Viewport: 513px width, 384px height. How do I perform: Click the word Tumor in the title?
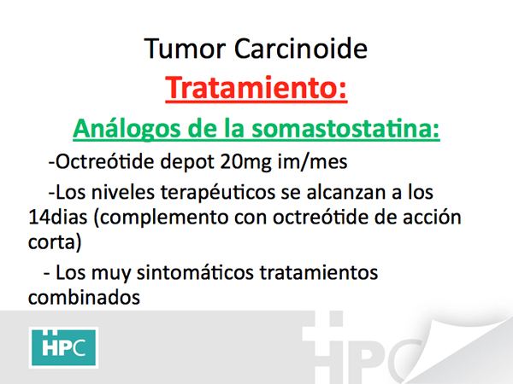(185, 49)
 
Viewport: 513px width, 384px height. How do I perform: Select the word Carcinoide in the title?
(301, 49)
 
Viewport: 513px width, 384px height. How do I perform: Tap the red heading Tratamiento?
(256, 88)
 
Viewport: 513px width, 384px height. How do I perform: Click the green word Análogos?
(127, 129)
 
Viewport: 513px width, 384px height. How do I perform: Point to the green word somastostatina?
(345, 129)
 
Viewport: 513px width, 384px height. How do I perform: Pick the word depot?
(187, 162)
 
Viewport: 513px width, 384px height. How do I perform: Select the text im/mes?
(312, 161)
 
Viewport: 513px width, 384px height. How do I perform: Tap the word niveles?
(123, 192)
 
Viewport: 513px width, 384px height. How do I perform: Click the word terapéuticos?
(218, 194)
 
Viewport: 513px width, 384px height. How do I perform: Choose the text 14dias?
(58, 217)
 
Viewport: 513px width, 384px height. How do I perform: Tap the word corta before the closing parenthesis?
(51, 242)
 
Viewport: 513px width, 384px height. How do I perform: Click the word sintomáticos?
(195, 272)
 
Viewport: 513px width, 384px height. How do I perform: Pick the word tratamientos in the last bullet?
(319, 272)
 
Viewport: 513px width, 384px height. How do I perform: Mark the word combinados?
(84, 298)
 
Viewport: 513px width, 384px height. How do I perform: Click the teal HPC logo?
(63, 347)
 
